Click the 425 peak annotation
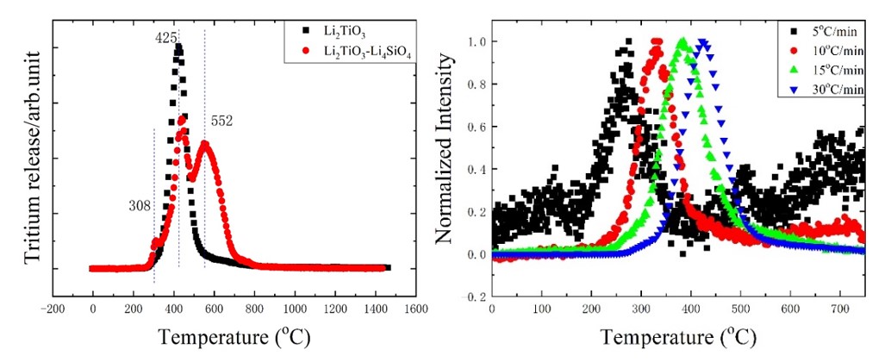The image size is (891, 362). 166,38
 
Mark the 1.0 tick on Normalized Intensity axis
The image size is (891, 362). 477,41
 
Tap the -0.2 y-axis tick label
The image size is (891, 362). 474,296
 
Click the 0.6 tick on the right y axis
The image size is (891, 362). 477,127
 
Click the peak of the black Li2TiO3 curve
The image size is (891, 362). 178,48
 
